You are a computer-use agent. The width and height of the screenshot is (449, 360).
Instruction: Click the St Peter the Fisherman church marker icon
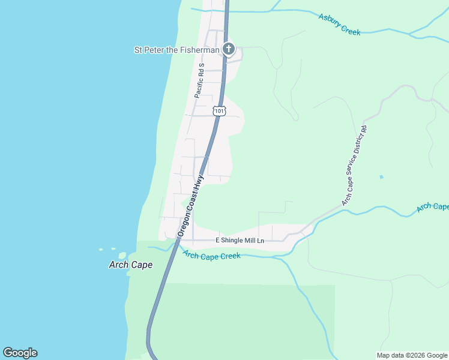[x=228, y=49]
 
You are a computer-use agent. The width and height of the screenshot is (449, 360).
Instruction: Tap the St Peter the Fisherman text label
[x=176, y=50]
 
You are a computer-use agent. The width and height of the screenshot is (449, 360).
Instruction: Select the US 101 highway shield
[x=219, y=111]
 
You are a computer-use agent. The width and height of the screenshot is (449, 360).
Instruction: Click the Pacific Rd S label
[x=200, y=80]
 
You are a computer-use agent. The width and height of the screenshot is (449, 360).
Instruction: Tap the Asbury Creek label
[x=339, y=25]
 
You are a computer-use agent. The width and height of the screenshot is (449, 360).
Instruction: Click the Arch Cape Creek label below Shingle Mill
[x=212, y=256]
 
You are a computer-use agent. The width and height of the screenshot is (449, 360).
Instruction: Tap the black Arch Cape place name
[x=130, y=265]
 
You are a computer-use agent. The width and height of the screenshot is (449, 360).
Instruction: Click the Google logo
[x=20, y=353]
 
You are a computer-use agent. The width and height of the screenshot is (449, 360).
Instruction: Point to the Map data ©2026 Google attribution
[x=411, y=355]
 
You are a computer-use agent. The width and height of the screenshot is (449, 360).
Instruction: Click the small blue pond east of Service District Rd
[x=381, y=177]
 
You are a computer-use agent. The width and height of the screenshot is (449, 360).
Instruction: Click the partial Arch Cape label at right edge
[x=433, y=206]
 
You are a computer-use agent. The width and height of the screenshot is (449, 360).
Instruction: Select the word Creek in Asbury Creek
[x=350, y=29]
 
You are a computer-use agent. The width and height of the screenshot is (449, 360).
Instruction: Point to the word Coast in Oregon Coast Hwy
[x=191, y=203]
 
